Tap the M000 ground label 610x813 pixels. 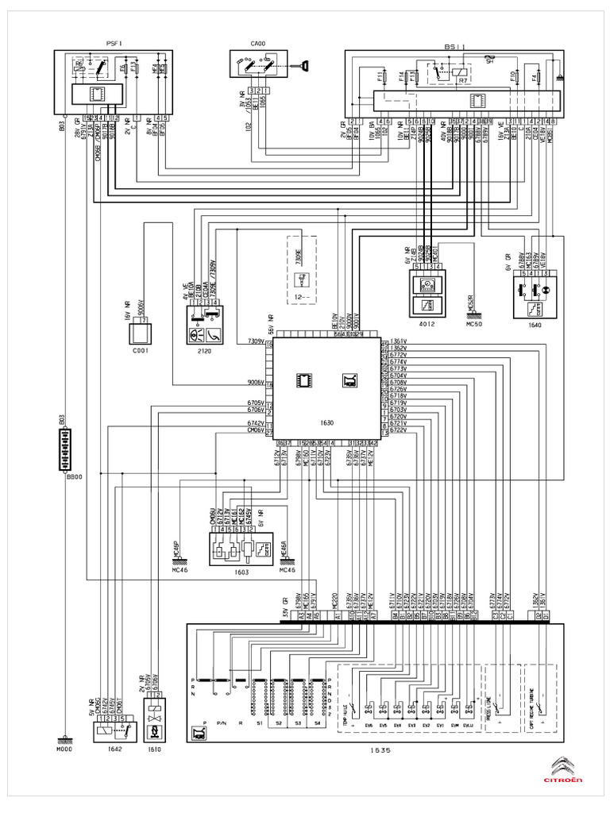(63, 749)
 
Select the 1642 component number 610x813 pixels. (105, 749)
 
